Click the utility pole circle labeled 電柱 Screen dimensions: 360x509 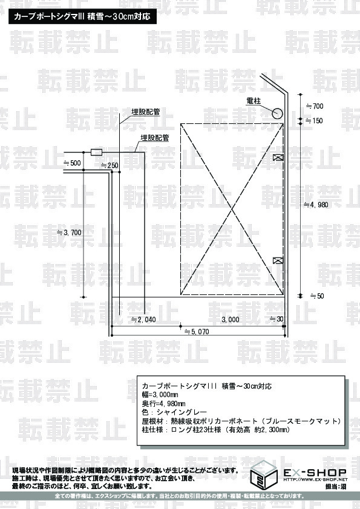point(277,114)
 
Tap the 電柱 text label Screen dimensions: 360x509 point(254,101)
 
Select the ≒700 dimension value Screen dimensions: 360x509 point(315,106)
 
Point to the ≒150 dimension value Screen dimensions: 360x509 point(314,121)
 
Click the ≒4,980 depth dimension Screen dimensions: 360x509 point(315,205)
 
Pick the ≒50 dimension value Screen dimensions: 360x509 point(317,296)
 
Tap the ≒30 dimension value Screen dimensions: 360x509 point(277,319)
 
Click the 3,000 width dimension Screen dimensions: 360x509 point(231,320)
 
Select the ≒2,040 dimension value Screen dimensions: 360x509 point(143,320)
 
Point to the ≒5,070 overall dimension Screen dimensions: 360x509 point(197,332)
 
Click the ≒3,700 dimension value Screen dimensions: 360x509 point(69,232)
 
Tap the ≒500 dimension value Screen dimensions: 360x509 point(72,163)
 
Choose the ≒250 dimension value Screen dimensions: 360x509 point(110,166)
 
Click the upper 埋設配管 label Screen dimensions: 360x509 point(146,112)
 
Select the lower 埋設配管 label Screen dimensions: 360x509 point(155,138)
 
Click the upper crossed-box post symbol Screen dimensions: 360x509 point(278,157)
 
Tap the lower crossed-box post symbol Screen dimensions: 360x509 point(278,260)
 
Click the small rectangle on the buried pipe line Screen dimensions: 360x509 point(96,152)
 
